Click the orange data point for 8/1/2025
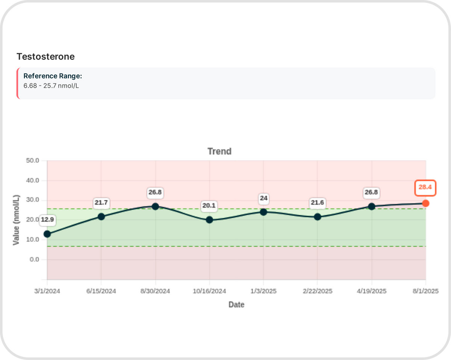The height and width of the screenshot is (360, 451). tap(425, 203)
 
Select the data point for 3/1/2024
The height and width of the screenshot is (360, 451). tap(47, 234)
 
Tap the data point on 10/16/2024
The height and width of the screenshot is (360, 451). tap(209, 220)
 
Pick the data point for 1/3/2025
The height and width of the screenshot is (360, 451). tap(263, 212)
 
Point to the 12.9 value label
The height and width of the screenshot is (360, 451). tap(47, 219)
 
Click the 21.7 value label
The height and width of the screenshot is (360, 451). tap(101, 203)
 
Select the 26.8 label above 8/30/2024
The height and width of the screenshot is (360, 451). tap(155, 193)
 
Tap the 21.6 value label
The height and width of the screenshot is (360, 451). tap(318, 203)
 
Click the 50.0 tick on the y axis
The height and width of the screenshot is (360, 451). tap(33, 161)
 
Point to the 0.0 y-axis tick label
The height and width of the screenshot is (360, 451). tap(34, 260)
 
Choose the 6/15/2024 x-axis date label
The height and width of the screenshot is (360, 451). tap(101, 291)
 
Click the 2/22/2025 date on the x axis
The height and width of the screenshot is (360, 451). tap(318, 291)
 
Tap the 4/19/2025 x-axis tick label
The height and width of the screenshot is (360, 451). tap(372, 291)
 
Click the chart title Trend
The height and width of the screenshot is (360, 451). tap(219, 151)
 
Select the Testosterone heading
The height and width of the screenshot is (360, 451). tap(45, 56)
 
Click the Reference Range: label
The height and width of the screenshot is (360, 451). tap(53, 76)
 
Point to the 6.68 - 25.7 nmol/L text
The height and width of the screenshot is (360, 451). tap(51, 86)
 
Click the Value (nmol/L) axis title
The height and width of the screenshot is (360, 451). tap(16, 220)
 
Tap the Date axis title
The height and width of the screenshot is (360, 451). tap(236, 305)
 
